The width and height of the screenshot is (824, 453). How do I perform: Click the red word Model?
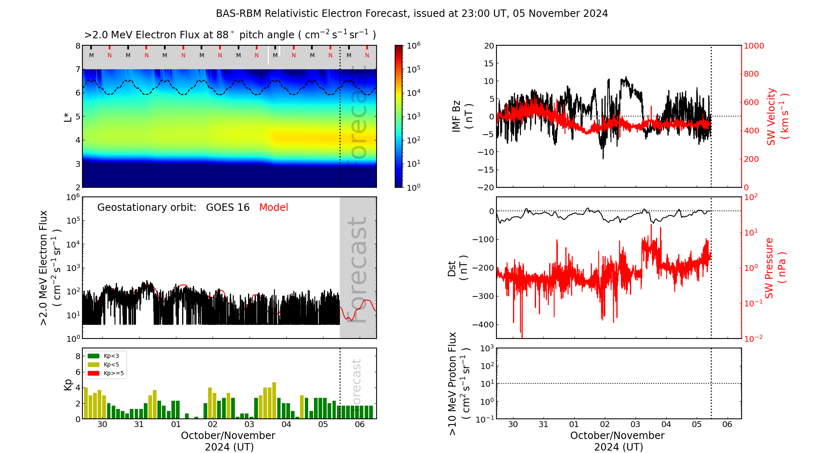pos(274,208)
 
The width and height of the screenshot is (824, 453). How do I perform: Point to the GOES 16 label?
pos(228,208)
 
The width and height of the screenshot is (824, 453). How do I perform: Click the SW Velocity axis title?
pos(777,117)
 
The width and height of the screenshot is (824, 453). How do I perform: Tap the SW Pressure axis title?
pos(775,268)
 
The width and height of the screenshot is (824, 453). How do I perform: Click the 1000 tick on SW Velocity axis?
pos(754,46)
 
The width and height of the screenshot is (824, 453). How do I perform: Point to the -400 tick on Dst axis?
pos(482,325)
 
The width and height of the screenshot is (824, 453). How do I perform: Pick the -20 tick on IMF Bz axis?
pos(486,187)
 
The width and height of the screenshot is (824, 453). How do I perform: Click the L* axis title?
pos(68,117)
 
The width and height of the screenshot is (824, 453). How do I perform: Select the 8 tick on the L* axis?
pos(77,46)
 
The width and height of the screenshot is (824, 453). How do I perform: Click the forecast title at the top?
pos(412,14)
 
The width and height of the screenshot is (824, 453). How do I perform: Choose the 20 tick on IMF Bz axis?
pos(489,46)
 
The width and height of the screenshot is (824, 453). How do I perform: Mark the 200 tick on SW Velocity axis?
pos(751,159)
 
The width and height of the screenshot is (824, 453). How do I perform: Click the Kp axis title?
pos(68,385)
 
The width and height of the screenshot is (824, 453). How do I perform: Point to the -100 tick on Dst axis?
pos(482,240)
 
